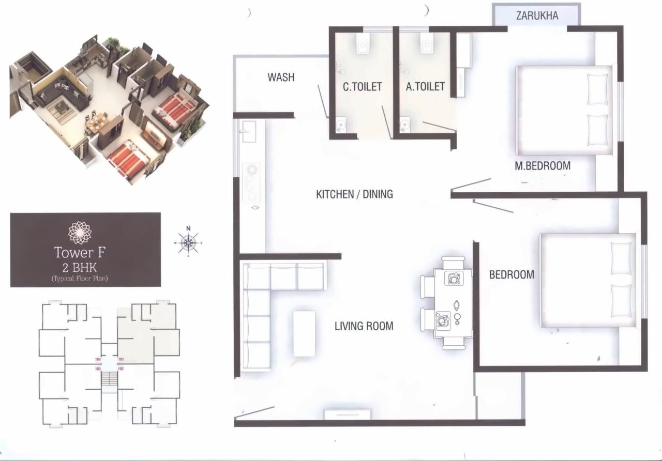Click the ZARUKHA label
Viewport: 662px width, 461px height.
[x=537, y=16]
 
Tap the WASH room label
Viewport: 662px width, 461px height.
[x=281, y=78]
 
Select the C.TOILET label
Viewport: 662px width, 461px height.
[x=362, y=87]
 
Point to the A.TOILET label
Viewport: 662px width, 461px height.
[x=425, y=87]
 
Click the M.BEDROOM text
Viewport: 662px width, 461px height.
[x=543, y=166]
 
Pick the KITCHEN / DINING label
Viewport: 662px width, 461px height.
[x=354, y=194]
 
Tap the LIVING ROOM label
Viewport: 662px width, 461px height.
[x=364, y=326]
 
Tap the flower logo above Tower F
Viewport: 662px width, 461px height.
[x=80, y=233]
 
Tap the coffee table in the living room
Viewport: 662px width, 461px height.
[x=304, y=333]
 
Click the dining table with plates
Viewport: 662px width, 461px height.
[x=453, y=302]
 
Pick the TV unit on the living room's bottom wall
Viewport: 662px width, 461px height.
[x=348, y=414]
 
